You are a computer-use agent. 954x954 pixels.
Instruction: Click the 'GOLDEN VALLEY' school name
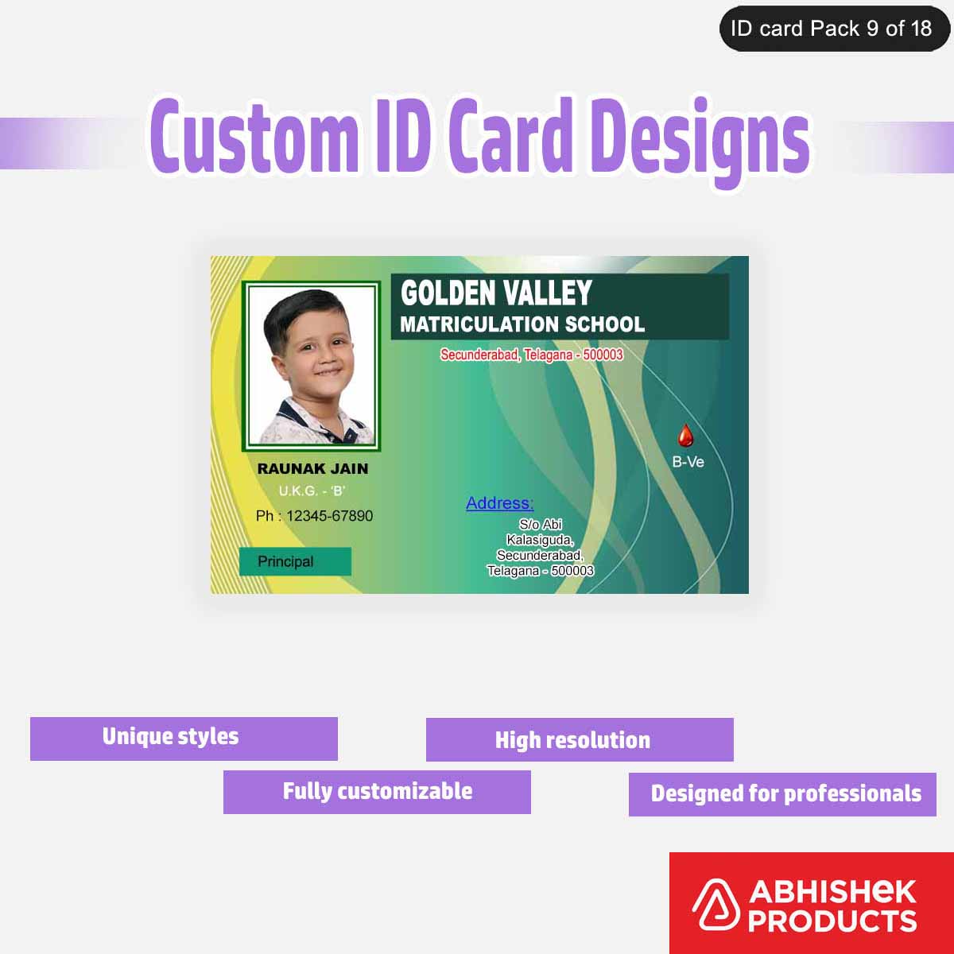pyautogui.click(x=496, y=293)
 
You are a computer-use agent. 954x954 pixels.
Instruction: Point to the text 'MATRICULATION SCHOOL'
pyautogui.click(x=522, y=324)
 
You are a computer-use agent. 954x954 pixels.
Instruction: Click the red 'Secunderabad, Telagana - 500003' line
pyautogui.click(x=532, y=355)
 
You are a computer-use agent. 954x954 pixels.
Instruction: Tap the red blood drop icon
pyautogui.click(x=685, y=436)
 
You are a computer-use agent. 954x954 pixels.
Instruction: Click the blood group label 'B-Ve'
pyautogui.click(x=688, y=462)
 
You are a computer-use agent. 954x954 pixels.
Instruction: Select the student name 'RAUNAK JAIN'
pyautogui.click(x=312, y=469)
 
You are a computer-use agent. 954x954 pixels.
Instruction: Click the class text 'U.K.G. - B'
pyautogui.click(x=312, y=491)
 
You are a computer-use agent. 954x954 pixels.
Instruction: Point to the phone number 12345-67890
pyautogui.click(x=314, y=516)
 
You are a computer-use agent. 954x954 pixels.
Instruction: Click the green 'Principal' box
pyautogui.click(x=295, y=561)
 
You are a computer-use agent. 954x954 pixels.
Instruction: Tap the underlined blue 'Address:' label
pyautogui.click(x=499, y=503)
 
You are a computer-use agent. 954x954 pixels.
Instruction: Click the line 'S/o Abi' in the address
pyautogui.click(x=541, y=525)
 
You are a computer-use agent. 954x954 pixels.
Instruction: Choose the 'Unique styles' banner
pyautogui.click(x=184, y=739)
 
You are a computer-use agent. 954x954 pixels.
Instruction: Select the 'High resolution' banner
pyautogui.click(x=580, y=740)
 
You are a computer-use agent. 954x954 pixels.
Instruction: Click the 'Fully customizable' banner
pyautogui.click(x=377, y=792)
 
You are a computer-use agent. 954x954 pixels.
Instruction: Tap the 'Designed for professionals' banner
pyautogui.click(x=782, y=794)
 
